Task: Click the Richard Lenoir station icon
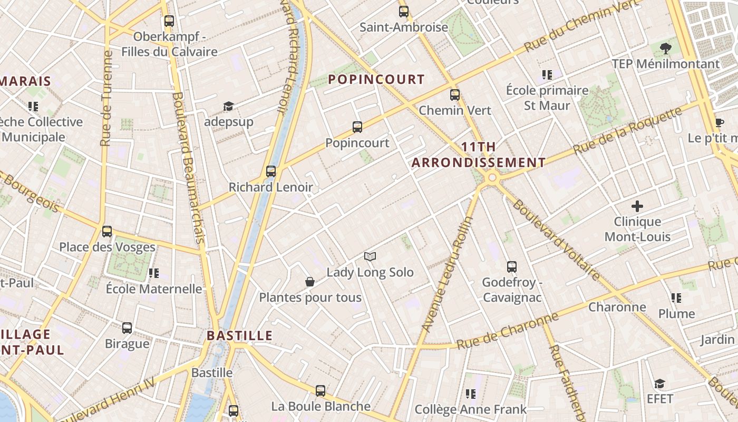(x=271, y=171)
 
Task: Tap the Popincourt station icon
(x=357, y=127)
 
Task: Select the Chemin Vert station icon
(x=455, y=95)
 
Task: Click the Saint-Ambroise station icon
(x=404, y=11)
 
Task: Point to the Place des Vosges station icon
(x=107, y=231)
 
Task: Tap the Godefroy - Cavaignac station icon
(x=512, y=266)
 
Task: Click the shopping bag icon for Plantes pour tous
(x=310, y=282)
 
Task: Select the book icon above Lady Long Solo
(x=370, y=257)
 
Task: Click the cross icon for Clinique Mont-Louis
(x=637, y=206)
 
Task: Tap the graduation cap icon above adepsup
(x=228, y=106)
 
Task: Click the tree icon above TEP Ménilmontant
(x=666, y=49)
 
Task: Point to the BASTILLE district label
(x=240, y=335)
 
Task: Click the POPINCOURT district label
(x=376, y=80)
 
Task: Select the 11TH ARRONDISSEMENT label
(x=479, y=155)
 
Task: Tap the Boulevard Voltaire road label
(x=556, y=240)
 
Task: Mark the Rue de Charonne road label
(x=507, y=331)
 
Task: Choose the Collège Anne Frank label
(x=470, y=409)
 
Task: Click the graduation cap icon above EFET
(x=659, y=383)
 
